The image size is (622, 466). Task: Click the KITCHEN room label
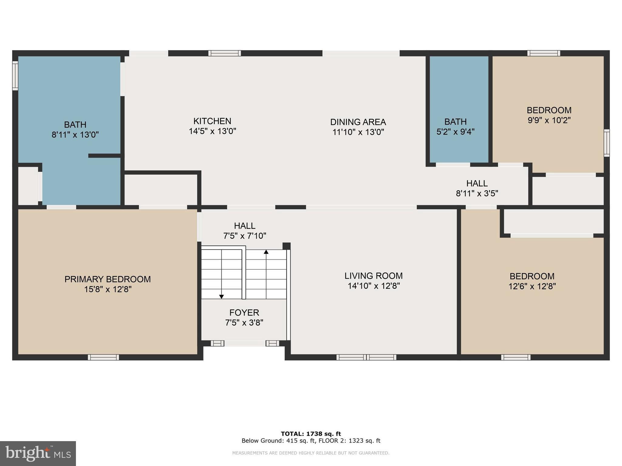point(212,121)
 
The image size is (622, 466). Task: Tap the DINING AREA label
point(358,122)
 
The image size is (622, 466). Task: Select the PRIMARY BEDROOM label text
point(108,279)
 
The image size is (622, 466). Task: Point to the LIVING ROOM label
point(374,276)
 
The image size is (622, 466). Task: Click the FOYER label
point(244,312)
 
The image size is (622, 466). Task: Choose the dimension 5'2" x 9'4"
point(456,132)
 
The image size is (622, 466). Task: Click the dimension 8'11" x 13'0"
point(75,135)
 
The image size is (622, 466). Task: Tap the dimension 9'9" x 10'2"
point(549,120)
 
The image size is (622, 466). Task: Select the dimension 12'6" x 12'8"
point(532,286)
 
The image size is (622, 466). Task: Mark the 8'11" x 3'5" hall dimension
point(477,193)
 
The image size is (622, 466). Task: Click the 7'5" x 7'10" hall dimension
point(245,236)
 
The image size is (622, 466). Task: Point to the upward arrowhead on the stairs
point(266,252)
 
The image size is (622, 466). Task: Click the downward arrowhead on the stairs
point(222,296)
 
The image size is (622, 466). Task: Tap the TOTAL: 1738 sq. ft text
point(311,434)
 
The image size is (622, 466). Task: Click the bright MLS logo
point(38,454)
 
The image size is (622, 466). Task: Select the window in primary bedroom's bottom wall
point(104,357)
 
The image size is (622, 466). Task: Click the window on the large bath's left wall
point(15,76)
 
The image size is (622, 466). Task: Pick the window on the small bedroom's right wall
point(607,143)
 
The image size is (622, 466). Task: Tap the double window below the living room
point(366,357)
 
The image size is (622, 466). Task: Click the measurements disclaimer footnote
point(311,453)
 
